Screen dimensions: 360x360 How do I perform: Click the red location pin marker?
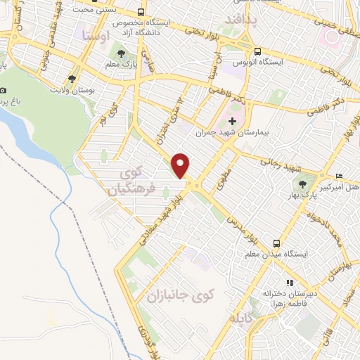(181, 165)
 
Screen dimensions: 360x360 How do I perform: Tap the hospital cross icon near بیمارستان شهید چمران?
(232, 122)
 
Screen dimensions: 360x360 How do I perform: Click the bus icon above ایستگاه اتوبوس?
(259, 51)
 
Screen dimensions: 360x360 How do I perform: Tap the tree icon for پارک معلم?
(118, 53)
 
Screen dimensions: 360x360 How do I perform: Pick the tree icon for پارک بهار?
(303, 184)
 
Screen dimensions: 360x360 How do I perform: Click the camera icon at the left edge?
(4, 91)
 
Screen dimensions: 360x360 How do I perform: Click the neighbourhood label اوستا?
(94, 34)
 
